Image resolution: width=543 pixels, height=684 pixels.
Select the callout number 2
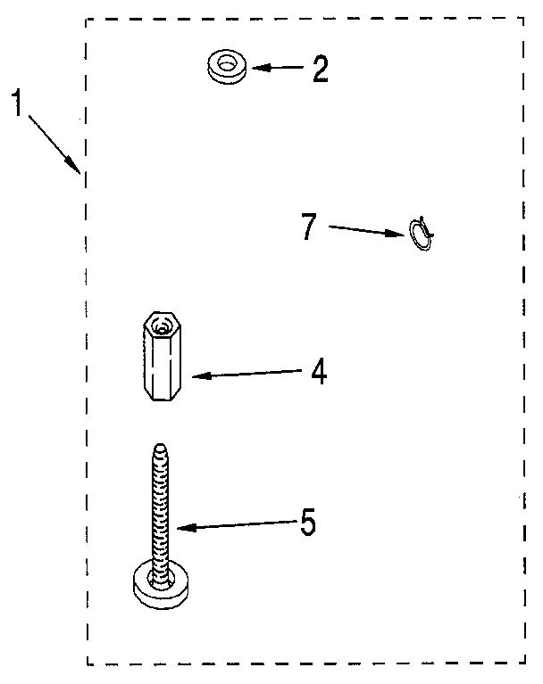coord(320,70)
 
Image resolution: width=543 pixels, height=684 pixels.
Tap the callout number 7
coord(309,227)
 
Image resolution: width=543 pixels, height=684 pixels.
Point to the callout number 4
coord(319,372)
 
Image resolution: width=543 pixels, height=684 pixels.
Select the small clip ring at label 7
coord(420,235)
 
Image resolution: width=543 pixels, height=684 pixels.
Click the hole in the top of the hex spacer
coord(162,328)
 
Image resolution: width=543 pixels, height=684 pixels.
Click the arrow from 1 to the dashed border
coord(52,140)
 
